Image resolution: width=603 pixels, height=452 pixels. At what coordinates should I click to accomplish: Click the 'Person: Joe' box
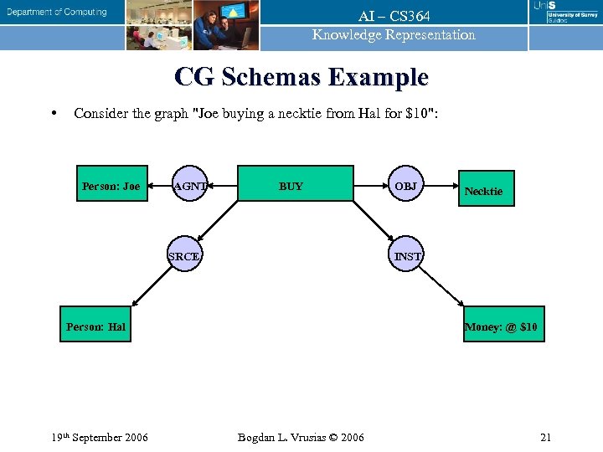tap(111, 186)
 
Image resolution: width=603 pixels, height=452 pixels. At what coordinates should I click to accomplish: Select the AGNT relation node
tap(190, 186)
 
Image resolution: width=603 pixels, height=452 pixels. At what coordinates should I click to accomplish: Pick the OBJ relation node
tap(406, 186)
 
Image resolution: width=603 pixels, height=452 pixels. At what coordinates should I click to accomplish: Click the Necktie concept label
tap(483, 192)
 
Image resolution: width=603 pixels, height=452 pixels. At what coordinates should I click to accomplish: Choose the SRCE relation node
tap(184, 256)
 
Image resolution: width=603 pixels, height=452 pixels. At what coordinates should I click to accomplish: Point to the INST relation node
tap(407, 256)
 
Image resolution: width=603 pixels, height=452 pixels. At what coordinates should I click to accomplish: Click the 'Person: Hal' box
tap(95, 326)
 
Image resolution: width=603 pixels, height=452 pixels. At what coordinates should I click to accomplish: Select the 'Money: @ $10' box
tap(502, 325)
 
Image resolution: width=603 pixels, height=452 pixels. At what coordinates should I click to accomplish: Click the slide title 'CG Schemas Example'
tap(301, 78)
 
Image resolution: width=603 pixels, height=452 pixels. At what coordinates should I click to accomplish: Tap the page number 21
tap(545, 437)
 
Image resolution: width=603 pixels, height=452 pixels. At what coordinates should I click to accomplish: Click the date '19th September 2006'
tap(100, 437)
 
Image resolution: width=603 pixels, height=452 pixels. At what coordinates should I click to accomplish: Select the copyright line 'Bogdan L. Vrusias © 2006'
tap(301, 437)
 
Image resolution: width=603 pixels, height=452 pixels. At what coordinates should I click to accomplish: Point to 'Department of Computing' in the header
tap(58, 13)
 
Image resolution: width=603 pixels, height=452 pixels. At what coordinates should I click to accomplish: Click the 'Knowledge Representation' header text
tap(394, 35)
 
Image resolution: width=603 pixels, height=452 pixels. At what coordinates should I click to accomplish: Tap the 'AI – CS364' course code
tap(394, 17)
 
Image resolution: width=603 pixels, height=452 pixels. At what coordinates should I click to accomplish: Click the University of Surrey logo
tap(566, 13)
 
